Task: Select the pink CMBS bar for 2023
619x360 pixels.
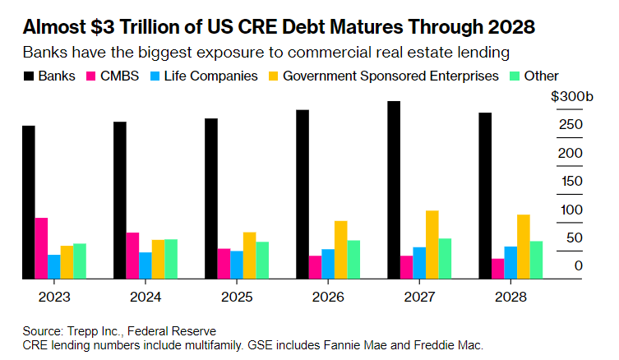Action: pyautogui.click(x=40, y=248)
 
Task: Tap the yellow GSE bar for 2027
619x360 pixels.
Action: pyautogui.click(x=432, y=245)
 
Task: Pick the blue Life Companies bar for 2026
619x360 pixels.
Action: pyautogui.click(x=327, y=264)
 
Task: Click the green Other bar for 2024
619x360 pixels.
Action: pyautogui.click(x=171, y=259)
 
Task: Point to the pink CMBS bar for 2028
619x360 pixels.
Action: pyautogui.click(x=497, y=269)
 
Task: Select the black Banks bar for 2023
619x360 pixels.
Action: pyautogui.click(x=28, y=202)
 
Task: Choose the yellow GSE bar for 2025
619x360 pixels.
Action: pyautogui.click(x=249, y=256)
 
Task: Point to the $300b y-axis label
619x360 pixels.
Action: pyautogui.click(x=571, y=97)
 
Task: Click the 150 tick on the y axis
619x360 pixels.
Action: pyautogui.click(x=571, y=182)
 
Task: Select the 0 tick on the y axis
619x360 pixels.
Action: pyautogui.click(x=579, y=265)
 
